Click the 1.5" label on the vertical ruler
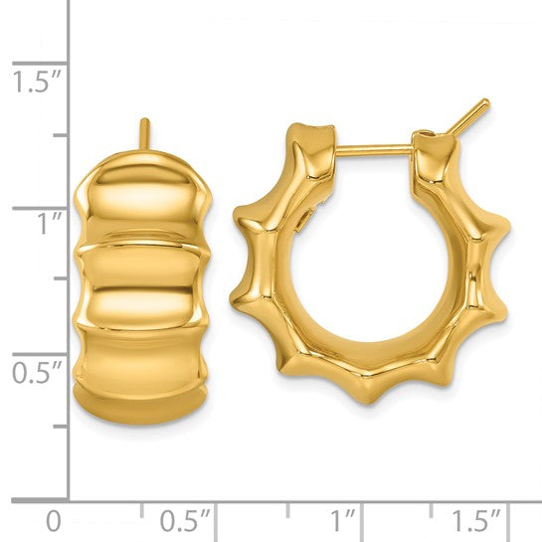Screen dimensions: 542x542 [37, 82]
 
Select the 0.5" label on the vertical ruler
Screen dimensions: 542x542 [37, 372]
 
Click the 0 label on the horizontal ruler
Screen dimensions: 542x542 [54, 521]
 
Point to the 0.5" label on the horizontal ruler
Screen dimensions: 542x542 [185, 521]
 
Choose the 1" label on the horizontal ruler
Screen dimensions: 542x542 [343, 521]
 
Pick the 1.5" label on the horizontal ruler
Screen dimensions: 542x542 [476, 521]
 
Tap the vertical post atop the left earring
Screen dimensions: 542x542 [145, 134]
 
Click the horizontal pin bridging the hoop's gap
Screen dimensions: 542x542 [374, 150]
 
